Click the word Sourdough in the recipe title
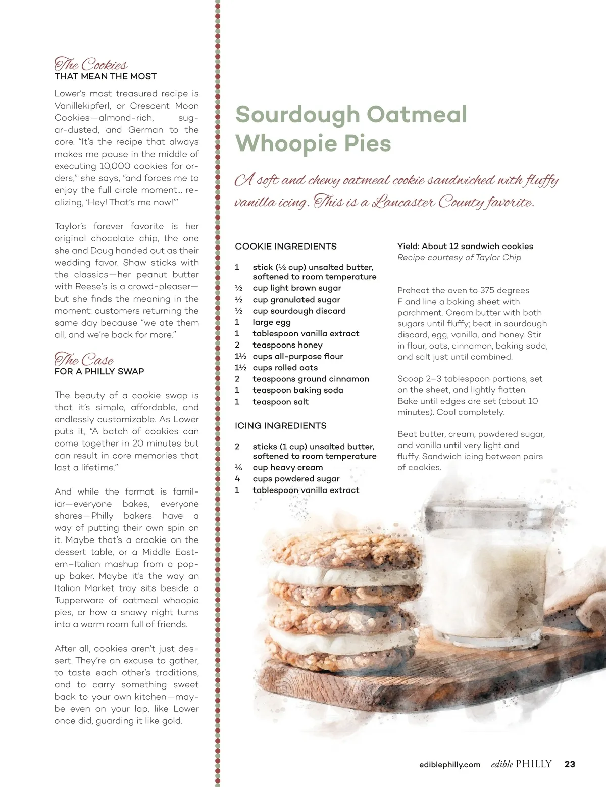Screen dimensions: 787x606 click(x=297, y=115)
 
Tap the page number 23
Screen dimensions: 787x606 click(x=570, y=764)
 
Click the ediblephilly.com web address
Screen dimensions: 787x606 click(x=449, y=765)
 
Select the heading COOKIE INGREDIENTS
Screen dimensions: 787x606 click(x=286, y=247)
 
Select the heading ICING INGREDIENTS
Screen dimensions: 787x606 click(x=281, y=426)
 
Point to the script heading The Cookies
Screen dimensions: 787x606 click(x=91, y=64)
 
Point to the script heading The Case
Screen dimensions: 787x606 click(x=84, y=359)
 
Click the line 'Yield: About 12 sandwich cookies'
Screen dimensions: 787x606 click(x=465, y=246)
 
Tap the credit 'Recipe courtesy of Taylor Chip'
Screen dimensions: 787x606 click(x=459, y=257)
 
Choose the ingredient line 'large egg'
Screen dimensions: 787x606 click(x=272, y=322)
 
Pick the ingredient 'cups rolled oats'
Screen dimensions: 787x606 click(x=285, y=368)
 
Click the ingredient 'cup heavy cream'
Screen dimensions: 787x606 click(x=288, y=468)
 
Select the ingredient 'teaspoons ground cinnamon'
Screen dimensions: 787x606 click(x=311, y=379)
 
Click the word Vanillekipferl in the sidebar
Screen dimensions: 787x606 click(x=82, y=106)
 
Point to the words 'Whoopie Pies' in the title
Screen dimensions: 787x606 click(x=313, y=143)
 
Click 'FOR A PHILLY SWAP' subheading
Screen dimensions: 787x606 click(x=99, y=371)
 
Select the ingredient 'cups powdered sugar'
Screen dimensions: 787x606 click(x=296, y=479)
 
